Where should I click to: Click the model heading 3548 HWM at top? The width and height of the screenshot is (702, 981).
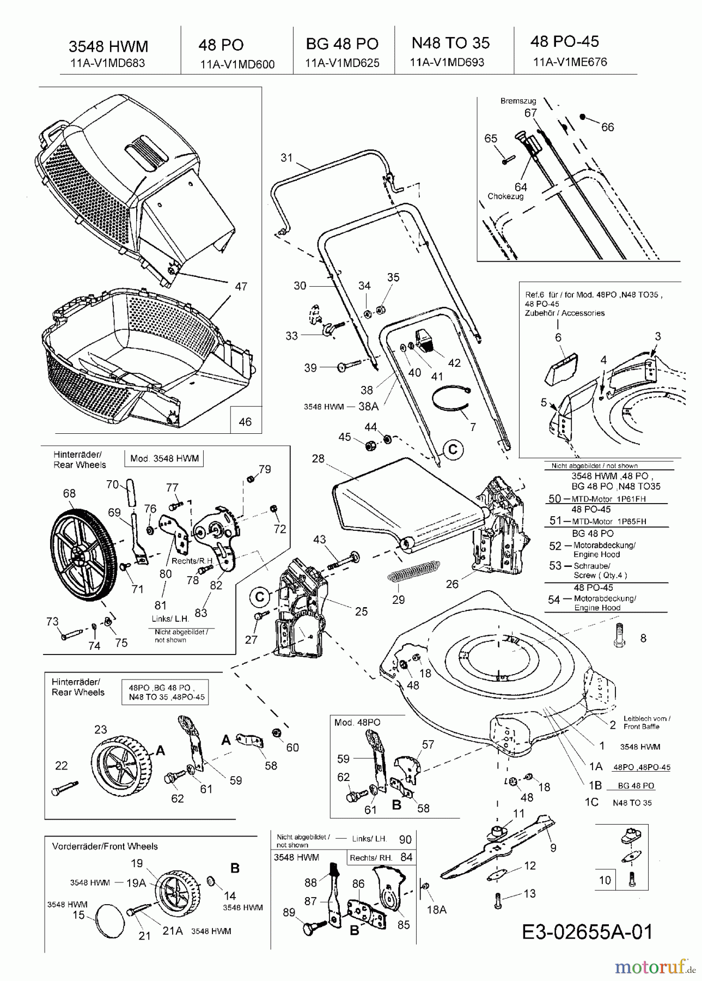[x=108, y=46]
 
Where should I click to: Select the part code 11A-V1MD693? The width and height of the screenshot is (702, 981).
[x=447, y=62]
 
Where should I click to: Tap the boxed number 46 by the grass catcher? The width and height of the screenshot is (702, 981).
[x=245, y=421]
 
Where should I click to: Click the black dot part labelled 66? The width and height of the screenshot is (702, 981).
[x=582, y=117]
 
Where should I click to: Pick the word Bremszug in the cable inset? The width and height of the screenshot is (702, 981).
[x=518, y=101]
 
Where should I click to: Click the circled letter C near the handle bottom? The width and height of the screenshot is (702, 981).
[x=453, y=449]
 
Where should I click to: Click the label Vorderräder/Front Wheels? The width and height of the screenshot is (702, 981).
[x=105, y=846]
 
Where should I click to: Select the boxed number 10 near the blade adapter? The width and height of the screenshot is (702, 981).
[x=605, y=880]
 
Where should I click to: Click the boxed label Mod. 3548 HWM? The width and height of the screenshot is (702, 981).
[x=164, y=458]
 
